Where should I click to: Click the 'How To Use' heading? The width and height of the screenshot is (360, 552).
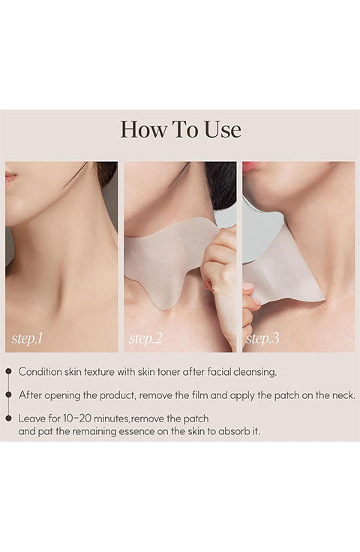(181, 129)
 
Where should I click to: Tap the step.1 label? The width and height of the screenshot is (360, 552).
(27, 339)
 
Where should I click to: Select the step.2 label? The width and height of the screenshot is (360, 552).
(145, 339)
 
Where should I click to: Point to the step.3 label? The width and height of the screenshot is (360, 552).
(262, 339)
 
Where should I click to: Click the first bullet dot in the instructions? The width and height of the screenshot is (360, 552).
(9, 371)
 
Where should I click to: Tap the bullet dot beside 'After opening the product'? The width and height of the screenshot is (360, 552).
(9, 395)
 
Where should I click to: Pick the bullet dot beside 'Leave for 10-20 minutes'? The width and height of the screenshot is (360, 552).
(9, 418)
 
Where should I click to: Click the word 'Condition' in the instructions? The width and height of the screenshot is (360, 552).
(40, 372)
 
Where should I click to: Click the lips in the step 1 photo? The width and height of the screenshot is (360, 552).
(10, 178)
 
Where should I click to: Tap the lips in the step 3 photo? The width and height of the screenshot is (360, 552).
(250, 166)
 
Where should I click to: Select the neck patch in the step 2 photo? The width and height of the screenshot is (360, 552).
(169, 257)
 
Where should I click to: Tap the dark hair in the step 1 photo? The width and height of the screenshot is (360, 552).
(107, 173)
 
